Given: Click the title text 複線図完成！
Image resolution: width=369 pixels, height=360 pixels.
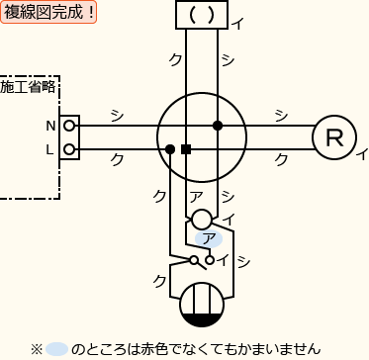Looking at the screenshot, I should point(48,13).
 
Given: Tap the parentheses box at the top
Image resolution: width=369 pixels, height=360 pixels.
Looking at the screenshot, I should point(201,15).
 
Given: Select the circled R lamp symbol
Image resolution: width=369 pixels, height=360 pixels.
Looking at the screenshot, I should point(333,137).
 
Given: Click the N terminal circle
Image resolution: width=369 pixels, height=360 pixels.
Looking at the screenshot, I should point(69,126).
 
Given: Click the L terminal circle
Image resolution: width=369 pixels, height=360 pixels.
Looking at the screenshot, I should point(69,149).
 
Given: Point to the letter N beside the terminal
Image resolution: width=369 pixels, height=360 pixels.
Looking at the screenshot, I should point(50,126).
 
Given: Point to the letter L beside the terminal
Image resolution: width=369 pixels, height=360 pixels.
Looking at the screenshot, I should point(50,149).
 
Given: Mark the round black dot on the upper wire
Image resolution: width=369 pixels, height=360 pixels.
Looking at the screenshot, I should point(217,126).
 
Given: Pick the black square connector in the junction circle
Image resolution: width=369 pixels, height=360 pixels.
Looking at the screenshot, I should point(186,149).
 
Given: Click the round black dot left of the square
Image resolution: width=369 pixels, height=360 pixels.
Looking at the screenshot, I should point(170,149).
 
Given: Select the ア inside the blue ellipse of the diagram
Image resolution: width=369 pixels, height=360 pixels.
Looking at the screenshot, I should point(208,238).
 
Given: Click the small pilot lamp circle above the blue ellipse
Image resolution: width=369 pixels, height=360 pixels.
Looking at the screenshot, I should point(201,219).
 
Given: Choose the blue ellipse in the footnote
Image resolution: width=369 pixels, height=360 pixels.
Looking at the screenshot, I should point(57,348).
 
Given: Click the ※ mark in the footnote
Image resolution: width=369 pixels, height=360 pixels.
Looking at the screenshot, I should point(37,348).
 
